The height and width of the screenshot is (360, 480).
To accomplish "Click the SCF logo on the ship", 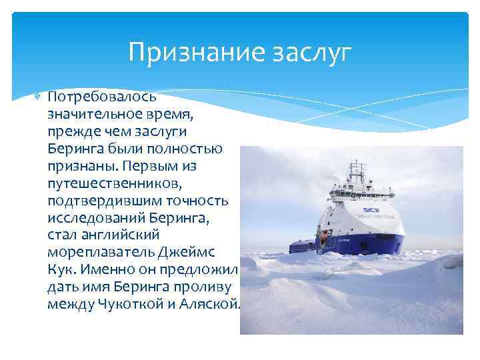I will [x=371, y=211].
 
